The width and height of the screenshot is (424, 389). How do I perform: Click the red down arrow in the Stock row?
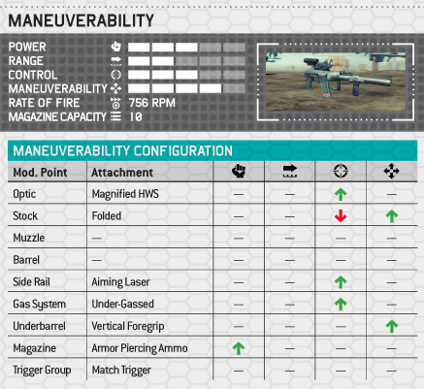341,215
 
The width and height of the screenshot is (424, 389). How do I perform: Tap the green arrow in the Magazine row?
239,348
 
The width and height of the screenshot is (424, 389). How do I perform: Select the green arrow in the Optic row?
341,194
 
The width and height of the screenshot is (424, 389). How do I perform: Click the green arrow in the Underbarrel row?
391,326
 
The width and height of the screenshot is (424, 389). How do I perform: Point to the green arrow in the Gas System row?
341,304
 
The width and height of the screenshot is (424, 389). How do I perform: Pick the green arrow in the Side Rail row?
341,282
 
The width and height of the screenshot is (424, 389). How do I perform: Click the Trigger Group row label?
42,371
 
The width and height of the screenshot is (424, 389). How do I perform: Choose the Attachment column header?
122,173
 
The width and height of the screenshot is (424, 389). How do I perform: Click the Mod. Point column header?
40,173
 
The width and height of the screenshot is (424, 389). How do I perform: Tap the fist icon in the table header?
239,171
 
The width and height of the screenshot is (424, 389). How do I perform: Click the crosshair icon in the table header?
341,171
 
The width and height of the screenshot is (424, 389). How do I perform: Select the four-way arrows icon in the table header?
391,171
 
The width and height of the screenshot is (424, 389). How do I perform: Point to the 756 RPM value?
152,103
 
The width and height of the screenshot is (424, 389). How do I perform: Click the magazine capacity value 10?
136,116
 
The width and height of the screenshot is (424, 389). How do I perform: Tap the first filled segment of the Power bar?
139,48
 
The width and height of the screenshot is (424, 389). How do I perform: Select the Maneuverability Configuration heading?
123,151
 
